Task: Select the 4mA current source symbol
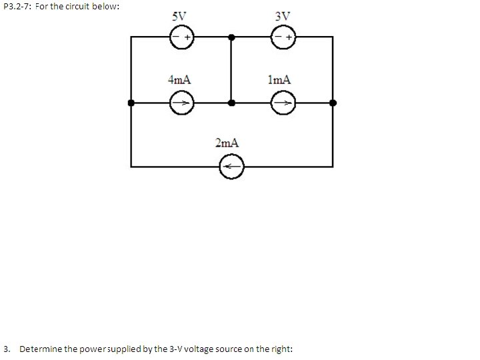[180, 103]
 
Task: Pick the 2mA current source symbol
[232, 166]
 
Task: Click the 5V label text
[179, 16]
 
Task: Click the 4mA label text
[179, 79]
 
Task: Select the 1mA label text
[279, 79]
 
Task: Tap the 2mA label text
[227, 143]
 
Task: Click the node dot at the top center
[231, 38]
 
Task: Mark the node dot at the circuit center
[231, 103]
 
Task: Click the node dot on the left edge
[131, 103]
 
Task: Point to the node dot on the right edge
[333, 103]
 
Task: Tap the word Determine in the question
[41, 349]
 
